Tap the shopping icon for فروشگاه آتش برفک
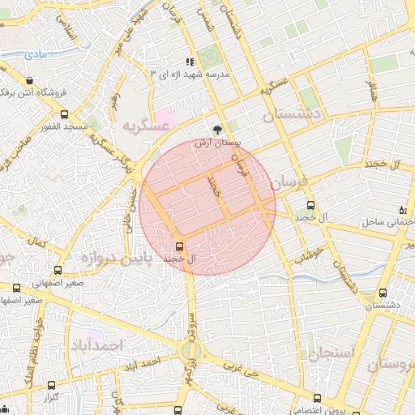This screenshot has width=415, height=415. pyautogui.click(x=30, y=81)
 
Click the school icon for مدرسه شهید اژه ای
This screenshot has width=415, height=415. pyautogui.click(x=190, y=62)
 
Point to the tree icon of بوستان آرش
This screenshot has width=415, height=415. pyautogui.click(x=217, y=130)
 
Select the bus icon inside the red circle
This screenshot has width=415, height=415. pyautogui.click(x=179, y=246)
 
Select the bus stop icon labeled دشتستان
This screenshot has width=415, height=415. pyautogui.click(x=383, y=293)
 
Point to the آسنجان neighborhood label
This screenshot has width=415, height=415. pyautogui.click(x=327, y=353)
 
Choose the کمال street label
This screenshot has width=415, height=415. pyautogui.click(x=36, y=242)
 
